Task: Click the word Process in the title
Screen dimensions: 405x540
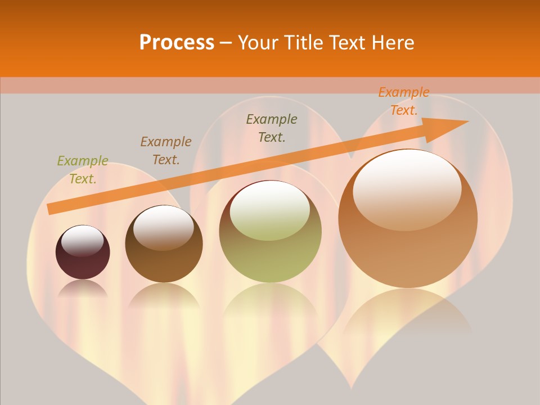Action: (177, 42)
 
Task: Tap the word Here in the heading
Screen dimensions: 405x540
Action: (391, 42)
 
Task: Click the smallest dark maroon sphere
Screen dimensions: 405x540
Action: (83, 253)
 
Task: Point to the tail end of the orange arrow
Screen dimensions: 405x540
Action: (52, 209)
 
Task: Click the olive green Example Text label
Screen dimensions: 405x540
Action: (83, 170)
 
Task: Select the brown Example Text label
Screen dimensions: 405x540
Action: (166, 151)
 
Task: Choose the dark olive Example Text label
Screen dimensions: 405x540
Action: (272, 128)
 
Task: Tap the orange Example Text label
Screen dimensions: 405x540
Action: (404, 101)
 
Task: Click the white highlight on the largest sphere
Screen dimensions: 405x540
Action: (407, 188)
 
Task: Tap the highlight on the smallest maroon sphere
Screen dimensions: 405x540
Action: (83, 241)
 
